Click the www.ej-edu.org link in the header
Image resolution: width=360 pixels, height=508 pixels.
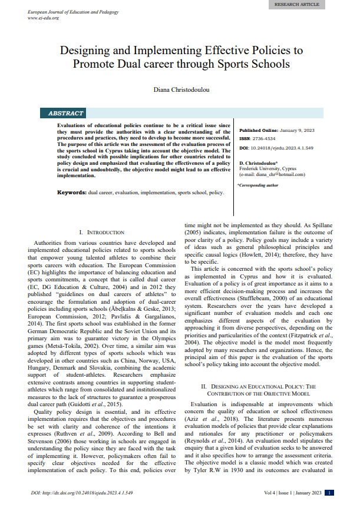(43, 18)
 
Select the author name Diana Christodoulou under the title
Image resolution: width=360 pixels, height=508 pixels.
(180, 89)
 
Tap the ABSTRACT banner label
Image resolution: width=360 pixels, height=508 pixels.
(66, 113)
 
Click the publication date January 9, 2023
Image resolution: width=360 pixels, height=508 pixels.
(297, 130)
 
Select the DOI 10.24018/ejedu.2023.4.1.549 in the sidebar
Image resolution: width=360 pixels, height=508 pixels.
(286, 147)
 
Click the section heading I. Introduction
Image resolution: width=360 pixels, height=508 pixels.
(101, 233)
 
